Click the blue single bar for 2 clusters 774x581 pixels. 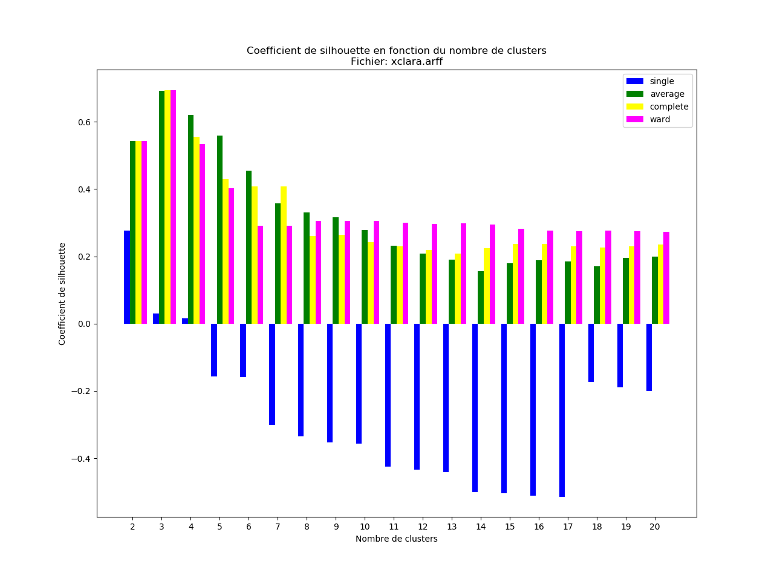127,277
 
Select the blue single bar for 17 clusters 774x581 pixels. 562,410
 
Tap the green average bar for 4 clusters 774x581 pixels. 191,219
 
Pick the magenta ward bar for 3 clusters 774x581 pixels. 174,207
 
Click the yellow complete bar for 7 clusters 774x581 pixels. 284,255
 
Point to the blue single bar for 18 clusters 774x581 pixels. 591,353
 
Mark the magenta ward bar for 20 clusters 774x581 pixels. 666,278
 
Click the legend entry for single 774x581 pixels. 662,81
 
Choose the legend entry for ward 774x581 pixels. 660,119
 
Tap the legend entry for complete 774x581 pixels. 669,107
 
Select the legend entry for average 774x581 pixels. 667,94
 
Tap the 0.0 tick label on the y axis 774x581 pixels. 85,324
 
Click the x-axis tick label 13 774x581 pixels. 452,527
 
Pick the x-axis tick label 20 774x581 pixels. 655,527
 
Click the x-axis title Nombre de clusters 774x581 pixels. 397,539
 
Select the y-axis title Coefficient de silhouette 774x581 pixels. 62,294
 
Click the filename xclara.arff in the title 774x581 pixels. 417,61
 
